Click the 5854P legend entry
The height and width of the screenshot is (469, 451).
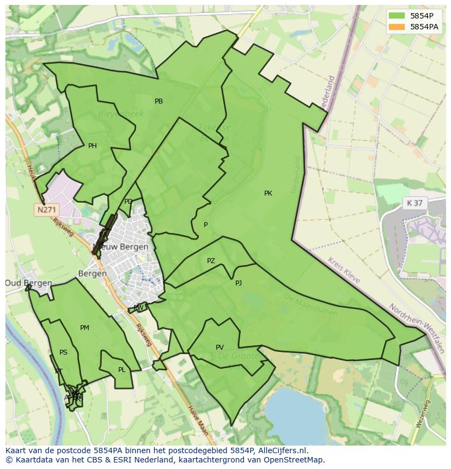click(x=414, y=16)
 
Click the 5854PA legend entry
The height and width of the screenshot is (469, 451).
click(x=414, y=26)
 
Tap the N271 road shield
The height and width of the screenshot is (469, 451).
click(x=46, y=210)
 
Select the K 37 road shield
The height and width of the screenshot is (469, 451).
click(x=414, y=203)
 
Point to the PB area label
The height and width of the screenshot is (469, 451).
click(x=159, y=101)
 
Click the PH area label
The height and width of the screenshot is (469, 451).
click(x=93, y=146)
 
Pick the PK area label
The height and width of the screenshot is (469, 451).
click(x=268, y=193)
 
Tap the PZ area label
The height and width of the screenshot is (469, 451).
click(x=211, y=261)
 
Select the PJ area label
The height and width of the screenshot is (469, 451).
click(x=239, y=283)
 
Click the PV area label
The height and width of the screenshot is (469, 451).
click(x=220, y=348)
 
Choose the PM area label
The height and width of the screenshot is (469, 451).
click(x=84, y=328)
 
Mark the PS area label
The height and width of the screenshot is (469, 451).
click(x=63, y=352)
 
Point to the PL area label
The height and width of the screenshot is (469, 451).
click(x=121, y=370)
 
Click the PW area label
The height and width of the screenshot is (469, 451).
click(x=138, y=308)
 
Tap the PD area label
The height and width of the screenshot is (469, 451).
click(x=128, y=202)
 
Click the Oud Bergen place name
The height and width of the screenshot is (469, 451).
click(x=28, y=283)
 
